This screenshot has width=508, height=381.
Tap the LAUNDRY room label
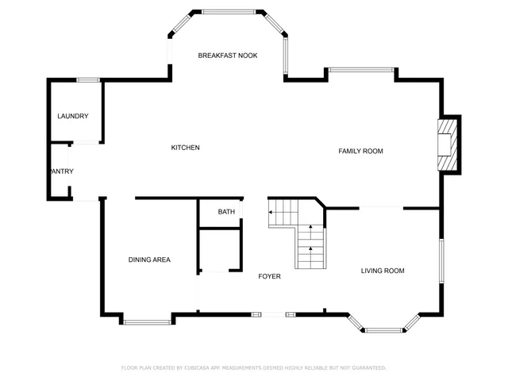pyautogui.click(x=72, y=117)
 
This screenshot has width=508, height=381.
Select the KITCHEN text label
pyautogui.click(x=185, y=148)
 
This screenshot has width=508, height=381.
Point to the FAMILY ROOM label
pyautogui.click(x=360, y=151)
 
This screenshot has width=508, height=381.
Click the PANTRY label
pyautogui.click(x=61, y=171)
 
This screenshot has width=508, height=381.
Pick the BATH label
pyautogui.click(x=226, y=212)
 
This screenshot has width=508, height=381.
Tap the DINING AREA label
pyautogui.click(x=149, y=260)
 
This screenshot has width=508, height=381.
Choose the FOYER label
pyautogui.click(x=269, y=276)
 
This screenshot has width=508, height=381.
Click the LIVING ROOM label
pyautogui.click(x=383, y=271)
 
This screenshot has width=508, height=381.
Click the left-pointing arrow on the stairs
pyautogui.click(x=274, y=213)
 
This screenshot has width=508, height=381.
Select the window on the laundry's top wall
pyautogui.click(x=87, y=79)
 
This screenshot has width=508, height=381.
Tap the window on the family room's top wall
pyautogui.click(x=361, y=71)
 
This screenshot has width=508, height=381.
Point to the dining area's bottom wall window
pyautogui.click(x=148, y=321)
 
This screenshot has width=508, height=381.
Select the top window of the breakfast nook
pyautogui.click(x=229, y=12)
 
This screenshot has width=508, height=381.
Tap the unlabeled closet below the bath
pyautogui.click(x=219, y=250)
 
